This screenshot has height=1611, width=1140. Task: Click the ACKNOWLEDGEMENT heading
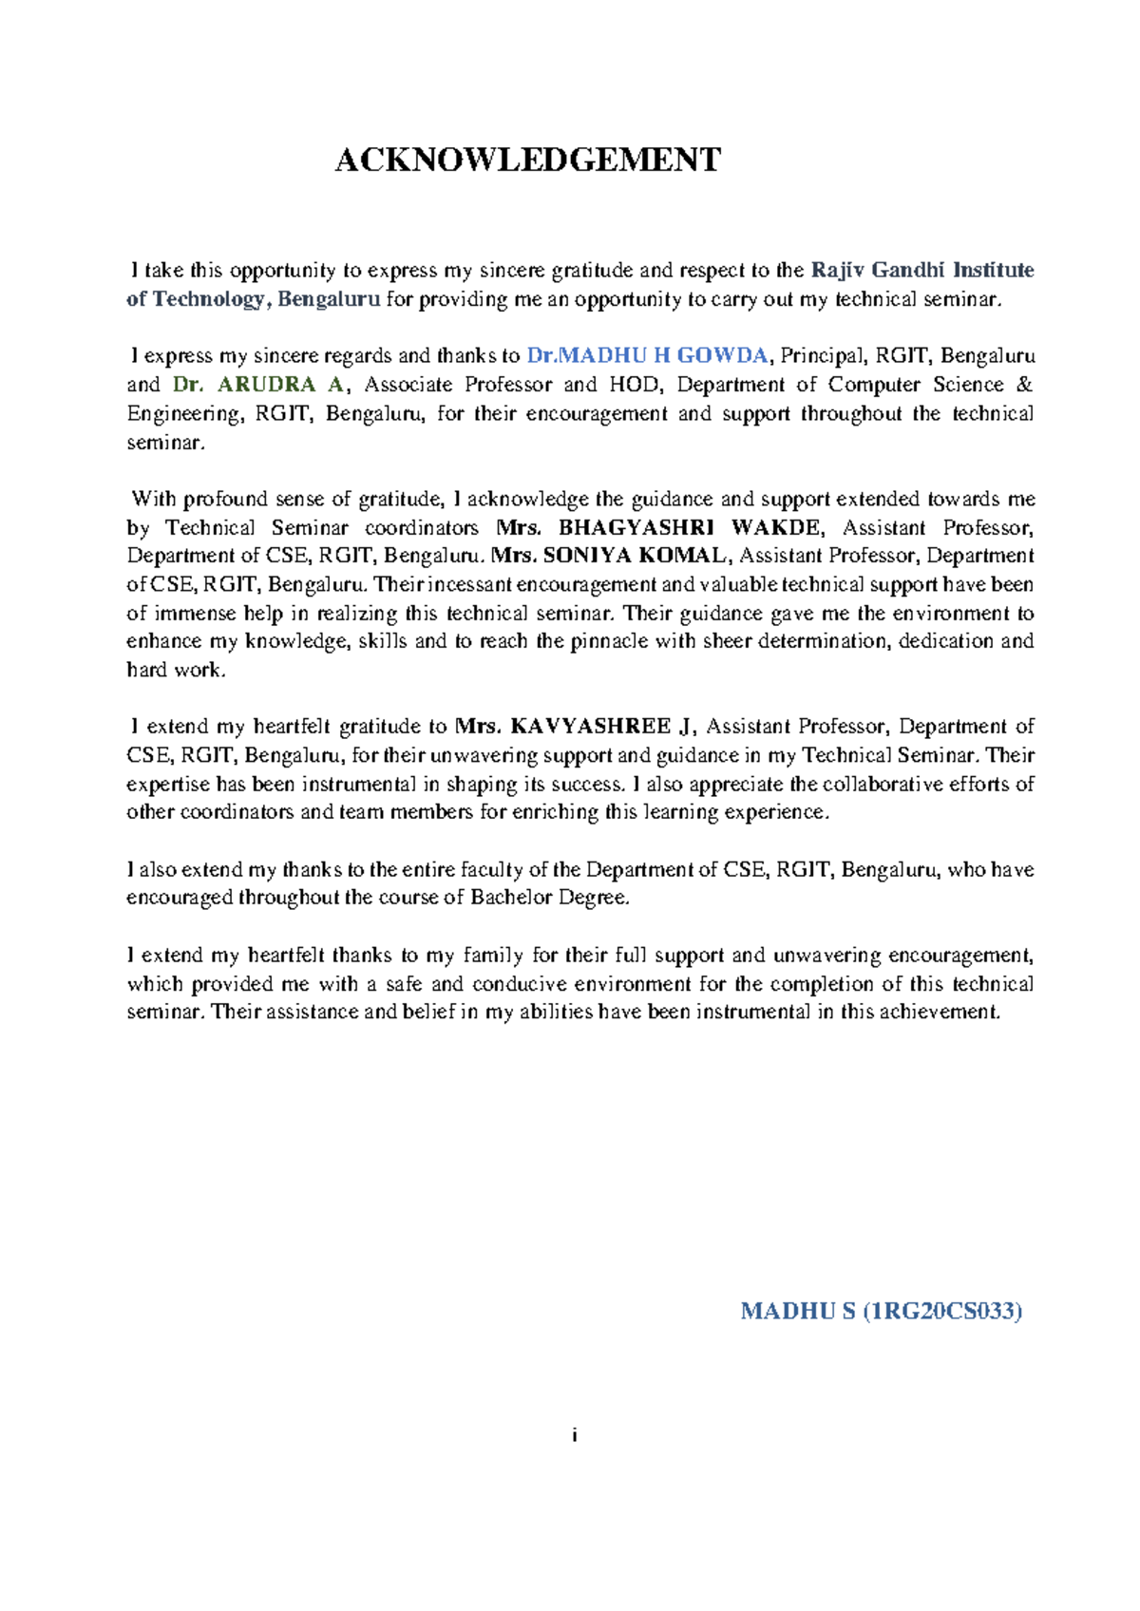coord(527,160)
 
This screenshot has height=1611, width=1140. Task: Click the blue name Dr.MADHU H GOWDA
coord(647,356)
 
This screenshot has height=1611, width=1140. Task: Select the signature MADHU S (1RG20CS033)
coord(881,1312)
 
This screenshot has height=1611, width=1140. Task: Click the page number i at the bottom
coord(575,1435)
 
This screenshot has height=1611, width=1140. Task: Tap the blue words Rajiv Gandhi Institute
coord(922,271)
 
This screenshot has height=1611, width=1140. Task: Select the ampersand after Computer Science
coord(1024,385)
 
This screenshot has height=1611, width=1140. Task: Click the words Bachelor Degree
coord(548,898)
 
